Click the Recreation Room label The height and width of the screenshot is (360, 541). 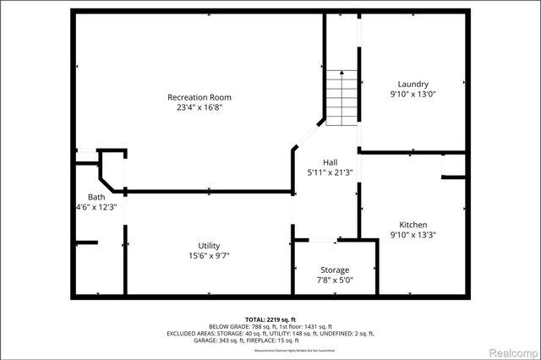(x=199, y=97)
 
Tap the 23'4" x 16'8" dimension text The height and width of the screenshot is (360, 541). (x=199, y=108)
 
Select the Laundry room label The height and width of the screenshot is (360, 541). (x=413, y=84)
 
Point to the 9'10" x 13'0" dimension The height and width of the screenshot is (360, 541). (x=413, y=95)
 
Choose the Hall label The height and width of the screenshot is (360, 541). (x=331, y=161)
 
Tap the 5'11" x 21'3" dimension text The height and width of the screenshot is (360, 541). (x=331, y=172)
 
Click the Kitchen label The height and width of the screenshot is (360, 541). (x=413, y=224)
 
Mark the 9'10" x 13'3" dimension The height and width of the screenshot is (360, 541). (x=413, y=235)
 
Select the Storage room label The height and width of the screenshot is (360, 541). (x=335, y=270)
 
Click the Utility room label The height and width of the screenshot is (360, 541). (x=210, y=245)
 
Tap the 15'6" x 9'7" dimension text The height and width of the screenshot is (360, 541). (x=210, y=255)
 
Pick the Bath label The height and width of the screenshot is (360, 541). (x=85, y=196)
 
